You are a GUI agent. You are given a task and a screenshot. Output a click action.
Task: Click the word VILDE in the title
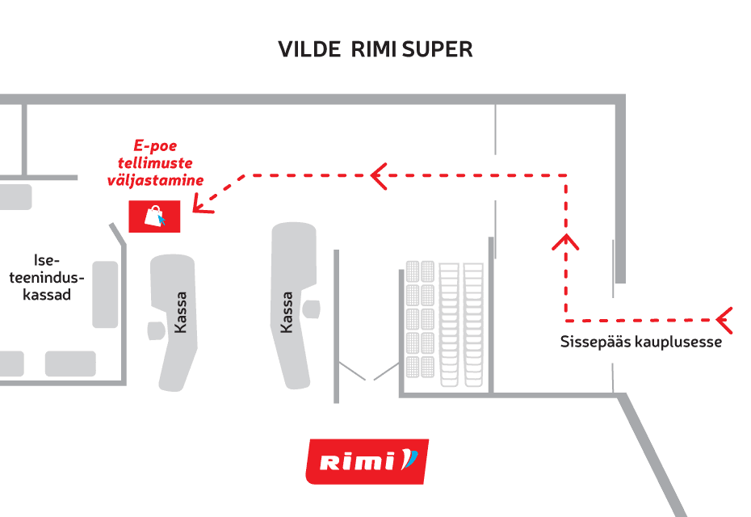coord(310,49)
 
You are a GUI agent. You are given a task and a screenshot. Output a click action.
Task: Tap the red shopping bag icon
coord(155,216)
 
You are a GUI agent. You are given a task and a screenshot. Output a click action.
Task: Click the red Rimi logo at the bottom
coord(367,461)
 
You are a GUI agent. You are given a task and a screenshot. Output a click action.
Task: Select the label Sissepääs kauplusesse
coord(640,342)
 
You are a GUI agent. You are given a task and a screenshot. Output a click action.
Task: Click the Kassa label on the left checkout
coord(181,313)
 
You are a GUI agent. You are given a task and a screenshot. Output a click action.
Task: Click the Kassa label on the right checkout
coord(286,313)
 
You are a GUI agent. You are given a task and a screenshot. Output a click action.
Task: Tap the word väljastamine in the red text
coord(155,181)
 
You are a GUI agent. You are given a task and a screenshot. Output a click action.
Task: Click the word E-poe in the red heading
coord(155,146)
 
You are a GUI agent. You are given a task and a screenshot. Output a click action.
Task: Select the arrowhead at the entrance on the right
coord(724,320)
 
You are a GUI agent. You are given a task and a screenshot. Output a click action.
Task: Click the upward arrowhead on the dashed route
coord(566,241)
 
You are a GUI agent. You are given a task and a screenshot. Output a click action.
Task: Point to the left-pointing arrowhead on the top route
coord(379,174)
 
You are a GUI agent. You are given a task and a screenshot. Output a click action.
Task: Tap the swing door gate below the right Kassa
coord(368,372)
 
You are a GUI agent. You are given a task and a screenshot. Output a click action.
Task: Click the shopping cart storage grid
coord(443,319)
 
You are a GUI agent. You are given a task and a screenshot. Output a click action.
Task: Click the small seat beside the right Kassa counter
coord(311,307)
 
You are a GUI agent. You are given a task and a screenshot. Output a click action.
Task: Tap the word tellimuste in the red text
coord(155,164)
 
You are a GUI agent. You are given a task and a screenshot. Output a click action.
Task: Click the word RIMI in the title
coord(375,49)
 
